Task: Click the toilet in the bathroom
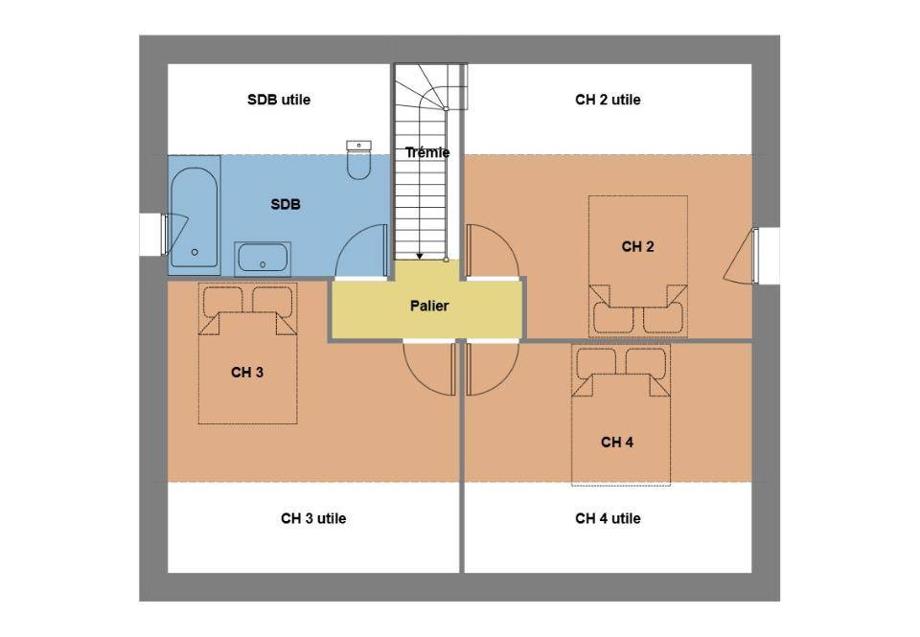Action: click(358, 160)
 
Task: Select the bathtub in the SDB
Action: click(195, 218)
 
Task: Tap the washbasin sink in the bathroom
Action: click(263, 258)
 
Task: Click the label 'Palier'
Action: click(429, 306)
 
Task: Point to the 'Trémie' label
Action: click(427, 152)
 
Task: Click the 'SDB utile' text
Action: click(279, 100)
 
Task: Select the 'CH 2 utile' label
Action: click(608, 100)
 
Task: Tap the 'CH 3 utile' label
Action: click(313, 518)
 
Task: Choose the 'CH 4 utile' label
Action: click(608, 518)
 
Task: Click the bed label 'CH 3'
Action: click(247, 373)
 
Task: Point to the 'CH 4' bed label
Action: click(617, 443)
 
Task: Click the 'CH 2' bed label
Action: click(638, 247)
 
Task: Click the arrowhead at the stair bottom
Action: click(420, 256)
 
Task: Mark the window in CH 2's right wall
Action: click(755, 256)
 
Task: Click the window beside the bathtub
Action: click(165, 235)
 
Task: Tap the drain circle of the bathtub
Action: click(195, 252)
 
